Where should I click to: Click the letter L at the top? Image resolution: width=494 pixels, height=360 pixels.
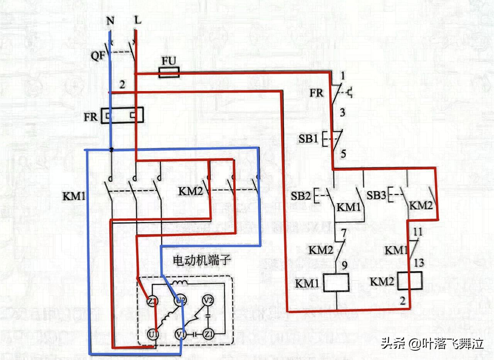point(138,20)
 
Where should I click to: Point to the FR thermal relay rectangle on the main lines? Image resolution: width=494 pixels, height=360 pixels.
point(122,115)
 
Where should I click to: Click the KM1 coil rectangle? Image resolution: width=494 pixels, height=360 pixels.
point(336,283)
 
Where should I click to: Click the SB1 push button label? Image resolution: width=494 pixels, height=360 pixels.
point(308,139)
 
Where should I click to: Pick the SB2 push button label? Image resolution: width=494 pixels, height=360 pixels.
point(301,196)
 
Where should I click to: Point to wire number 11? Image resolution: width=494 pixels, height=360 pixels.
point(418,232)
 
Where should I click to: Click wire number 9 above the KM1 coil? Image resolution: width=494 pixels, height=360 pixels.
point(344,265)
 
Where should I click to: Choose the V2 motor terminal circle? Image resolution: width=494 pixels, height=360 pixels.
point(208,301)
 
